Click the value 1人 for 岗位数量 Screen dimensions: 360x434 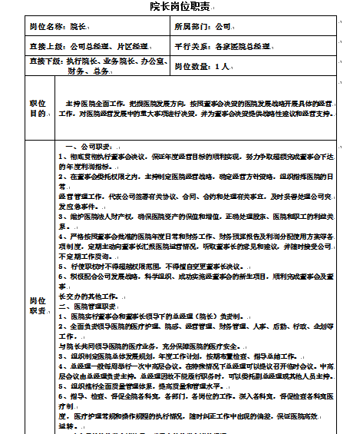point(223,67)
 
